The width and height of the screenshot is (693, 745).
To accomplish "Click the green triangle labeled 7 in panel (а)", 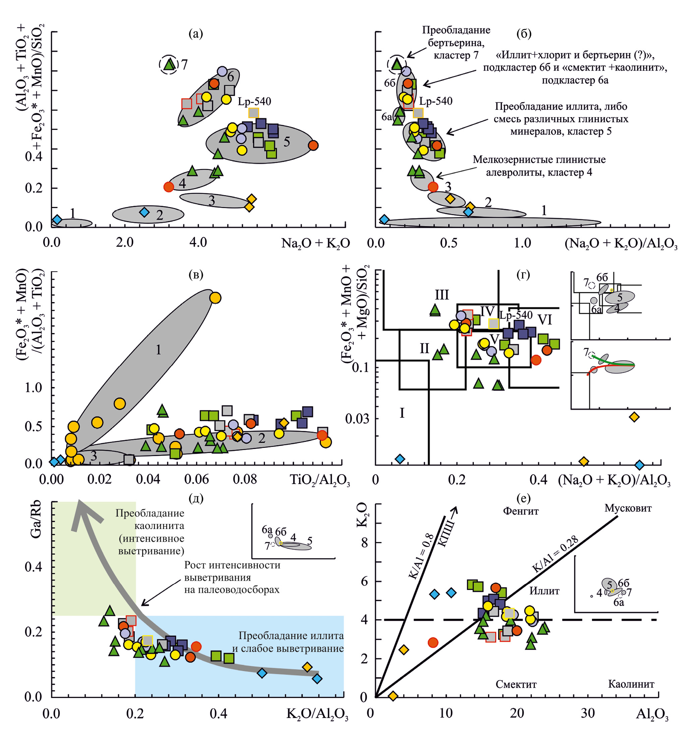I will pyautogui.click(x=170, y=64).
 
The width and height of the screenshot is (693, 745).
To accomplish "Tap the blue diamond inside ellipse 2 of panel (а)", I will pyautogui.click(x=144, y=212).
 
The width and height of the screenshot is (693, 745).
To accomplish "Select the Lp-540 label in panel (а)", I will pyautogui.click(x=254, y=101).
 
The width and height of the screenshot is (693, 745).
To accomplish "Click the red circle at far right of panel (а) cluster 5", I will pyautogui.click(x=313, y=145).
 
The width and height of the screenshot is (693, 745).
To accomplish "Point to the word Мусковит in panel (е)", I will pyautogui.click(x=628, y=508).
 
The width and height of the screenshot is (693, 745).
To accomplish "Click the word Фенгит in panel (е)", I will pyautogui.click(x=520, y=511).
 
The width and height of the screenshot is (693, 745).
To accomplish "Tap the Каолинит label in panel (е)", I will pyautogui.click(x=631, y=684).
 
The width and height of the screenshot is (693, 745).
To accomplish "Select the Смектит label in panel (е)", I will pyautogui.click(x=516, y=684).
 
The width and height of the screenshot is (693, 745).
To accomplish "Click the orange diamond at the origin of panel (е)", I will pyautogui.click(x=393, y=696).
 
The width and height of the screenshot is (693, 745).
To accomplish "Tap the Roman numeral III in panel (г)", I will pyautogui.click(x=442, y=295).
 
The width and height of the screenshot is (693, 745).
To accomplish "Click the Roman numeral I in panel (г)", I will pyautogui.click(x=402, y=413).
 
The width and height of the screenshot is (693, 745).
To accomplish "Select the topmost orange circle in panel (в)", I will pyautogui.click(x=215, y=298).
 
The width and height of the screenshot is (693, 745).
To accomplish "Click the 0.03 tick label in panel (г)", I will pyautogui.click(x=357, y=419).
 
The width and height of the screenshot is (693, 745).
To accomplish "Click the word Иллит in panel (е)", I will pyautogui.click(x=544, y=591).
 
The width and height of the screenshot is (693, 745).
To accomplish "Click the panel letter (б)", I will pyautogui.click(x=524, y=34).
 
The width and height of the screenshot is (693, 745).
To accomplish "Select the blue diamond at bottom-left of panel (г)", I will pyautogui.click(x=400, y=459).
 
